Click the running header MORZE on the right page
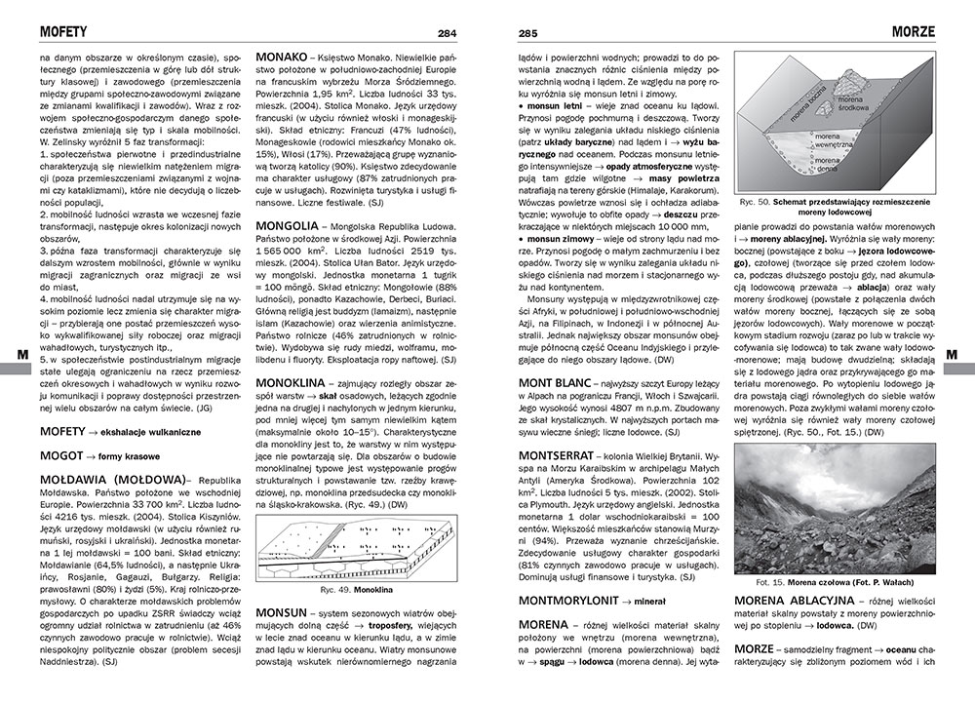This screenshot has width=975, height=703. coord(913,32)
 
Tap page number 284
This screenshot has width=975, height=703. coord(448,33)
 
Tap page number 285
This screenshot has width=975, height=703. coord(527,33)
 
